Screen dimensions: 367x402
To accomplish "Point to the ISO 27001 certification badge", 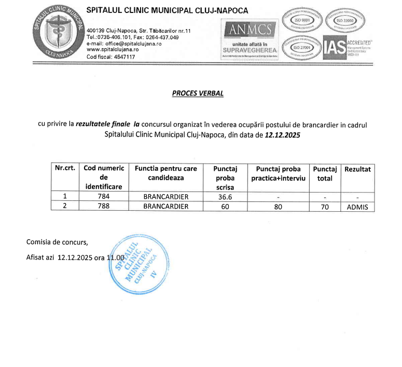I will (x=302, y=47).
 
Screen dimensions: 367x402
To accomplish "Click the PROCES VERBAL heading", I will (x=198, y=93).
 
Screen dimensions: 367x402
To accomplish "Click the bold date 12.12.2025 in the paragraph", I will (x=283, y=134).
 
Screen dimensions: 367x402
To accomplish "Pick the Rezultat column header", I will (x=357, y=169).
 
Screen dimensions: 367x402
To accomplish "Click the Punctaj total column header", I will (x=325, y=173).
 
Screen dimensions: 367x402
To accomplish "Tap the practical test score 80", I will (x=279, y=207).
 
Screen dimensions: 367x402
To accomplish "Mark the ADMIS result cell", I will (x=357, y=207).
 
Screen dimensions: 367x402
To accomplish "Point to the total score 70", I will (x=325, y=207).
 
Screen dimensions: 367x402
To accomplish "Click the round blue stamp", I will (x=134, y=266).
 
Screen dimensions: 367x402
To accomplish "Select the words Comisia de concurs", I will (x=57, y=242).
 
